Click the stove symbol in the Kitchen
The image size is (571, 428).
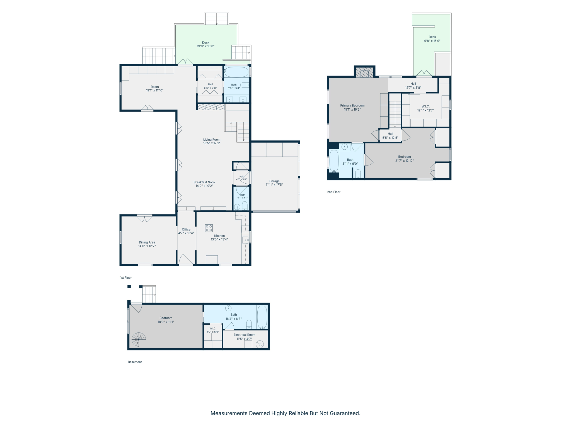tap(209, 228)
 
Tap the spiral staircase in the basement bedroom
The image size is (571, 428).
tap(139, 339)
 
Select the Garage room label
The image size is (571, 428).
tap(274, 181)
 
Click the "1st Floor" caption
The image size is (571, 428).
tap(126, 278)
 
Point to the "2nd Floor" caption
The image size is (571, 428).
tap(334, 192)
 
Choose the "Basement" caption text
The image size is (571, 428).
tap(135, 362)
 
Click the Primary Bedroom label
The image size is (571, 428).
tap(352, 106)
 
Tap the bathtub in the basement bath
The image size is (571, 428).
tap(262, 317)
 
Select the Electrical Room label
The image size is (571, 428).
tap(245, 335)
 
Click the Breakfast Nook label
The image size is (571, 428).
tap(204, 182)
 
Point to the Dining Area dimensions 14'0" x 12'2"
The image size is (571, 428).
tap(147, 246)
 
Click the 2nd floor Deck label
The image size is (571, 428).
tap(432, 37)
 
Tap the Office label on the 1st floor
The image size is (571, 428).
tap(186, 230)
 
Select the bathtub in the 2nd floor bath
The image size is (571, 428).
tap(334, 161)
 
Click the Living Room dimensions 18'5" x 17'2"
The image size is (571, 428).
tap(212, 143)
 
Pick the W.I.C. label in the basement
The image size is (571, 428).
tap(213, 329)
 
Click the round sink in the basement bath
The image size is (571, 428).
tap(228, 308)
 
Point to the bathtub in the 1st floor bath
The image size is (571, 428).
tap(236, 72)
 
